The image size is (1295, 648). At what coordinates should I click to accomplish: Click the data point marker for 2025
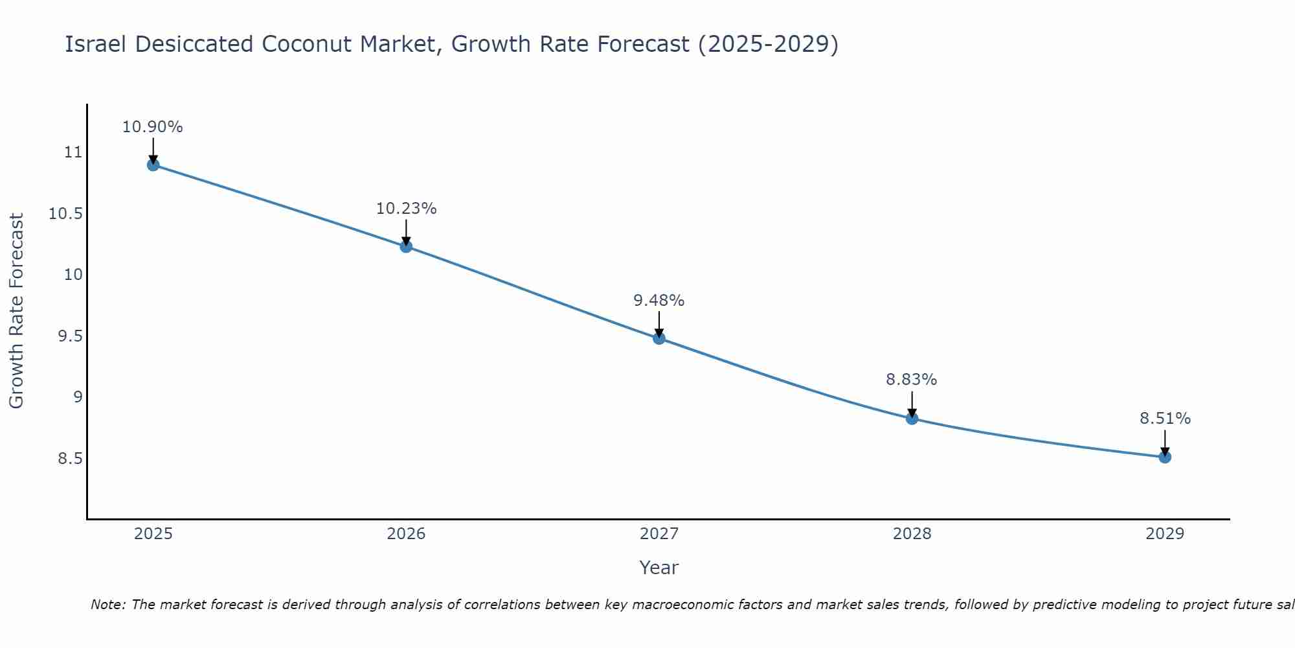(x=153, y=165)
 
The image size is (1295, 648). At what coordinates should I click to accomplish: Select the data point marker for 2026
(x=406, y=246)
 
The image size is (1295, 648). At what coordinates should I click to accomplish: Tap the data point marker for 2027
(x=659, y=338)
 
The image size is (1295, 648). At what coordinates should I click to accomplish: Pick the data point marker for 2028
(x=912, y=419)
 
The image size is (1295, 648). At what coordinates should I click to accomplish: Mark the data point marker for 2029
(x=1165, y=457)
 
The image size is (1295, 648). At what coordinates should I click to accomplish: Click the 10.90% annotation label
(x=153, y=127)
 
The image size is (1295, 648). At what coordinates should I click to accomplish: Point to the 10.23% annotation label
(x=406, y=209)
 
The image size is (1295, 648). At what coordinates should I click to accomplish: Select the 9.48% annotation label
(x=659, y=301)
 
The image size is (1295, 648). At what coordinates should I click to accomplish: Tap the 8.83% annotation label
(x=912, y=380)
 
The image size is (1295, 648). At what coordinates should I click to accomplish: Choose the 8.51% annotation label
(x=1165, y=419)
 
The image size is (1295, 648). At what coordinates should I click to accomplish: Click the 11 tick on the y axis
(x=73, y=153)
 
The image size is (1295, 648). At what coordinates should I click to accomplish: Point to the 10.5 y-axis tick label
(x=66, y=214)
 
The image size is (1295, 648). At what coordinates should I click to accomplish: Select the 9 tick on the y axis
(x=78, y=397)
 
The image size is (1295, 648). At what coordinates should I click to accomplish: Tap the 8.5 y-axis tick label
(x=70, y=459)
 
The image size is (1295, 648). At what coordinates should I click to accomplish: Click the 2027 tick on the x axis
(x=659, y=534)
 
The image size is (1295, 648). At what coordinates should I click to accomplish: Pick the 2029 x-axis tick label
(x=1165, y=534)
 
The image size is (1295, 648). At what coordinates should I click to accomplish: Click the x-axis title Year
(x=659, y=568)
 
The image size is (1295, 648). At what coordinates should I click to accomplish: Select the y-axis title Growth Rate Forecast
(x=16, y=311)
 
